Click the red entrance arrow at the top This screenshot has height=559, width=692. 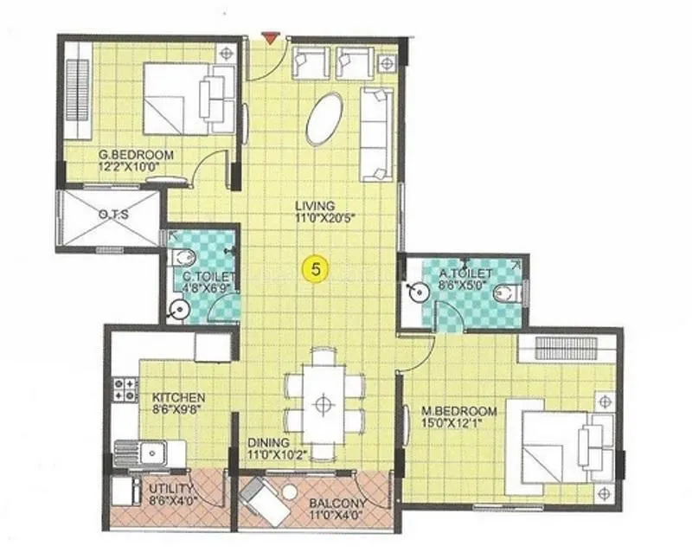point(272,38)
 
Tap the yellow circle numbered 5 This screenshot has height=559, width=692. point(315,269)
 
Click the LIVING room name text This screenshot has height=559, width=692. point(314,205)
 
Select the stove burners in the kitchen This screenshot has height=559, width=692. point(125,389)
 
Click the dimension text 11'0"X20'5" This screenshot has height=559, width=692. point(314,218)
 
